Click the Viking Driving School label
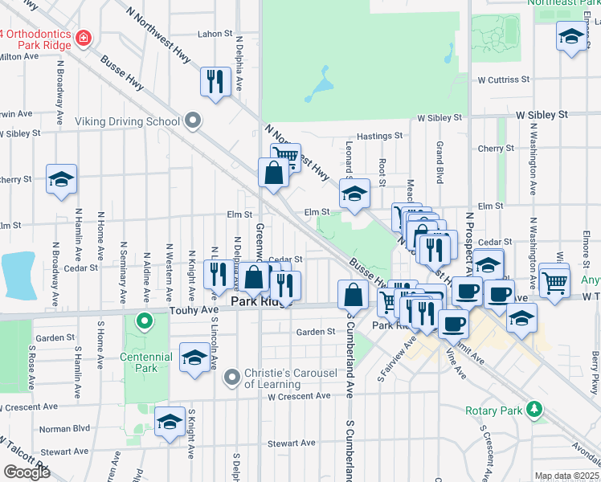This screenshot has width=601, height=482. [127, 121]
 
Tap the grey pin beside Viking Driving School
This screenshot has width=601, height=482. [192, 121]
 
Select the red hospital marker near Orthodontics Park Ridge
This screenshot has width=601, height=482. [83, 38]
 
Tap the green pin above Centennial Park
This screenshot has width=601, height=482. [145, 323]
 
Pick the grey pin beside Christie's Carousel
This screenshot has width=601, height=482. [232, 376]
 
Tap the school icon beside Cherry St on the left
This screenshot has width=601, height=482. [60, 180]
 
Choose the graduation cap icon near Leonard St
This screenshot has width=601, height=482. [354, 193]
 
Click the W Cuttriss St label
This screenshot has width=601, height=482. [505, 80]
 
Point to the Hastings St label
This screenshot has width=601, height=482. [379, 137]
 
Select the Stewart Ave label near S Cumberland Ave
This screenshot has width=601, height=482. [292, 443]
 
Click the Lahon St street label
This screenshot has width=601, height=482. [215, 35]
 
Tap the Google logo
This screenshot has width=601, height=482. [27, 472]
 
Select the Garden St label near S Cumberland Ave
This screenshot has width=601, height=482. [315, 332]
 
